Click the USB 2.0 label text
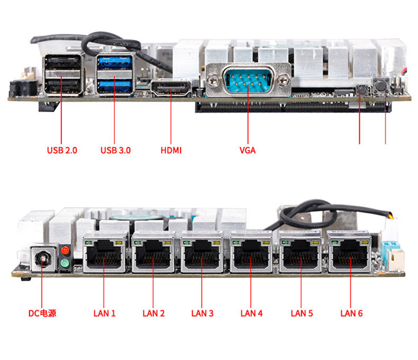tap(62, 150)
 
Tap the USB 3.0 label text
tap(115, 150)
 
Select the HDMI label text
tap(171, 150)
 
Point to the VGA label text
tap(247, 150)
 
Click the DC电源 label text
tap(42, 313)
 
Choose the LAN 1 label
tap(104, 313)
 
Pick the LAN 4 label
tap(251, 313)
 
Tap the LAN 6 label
tap(351, 313)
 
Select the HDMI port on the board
tap(171, 88)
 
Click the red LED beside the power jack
tap(65, 250)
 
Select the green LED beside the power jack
tap(65, 263)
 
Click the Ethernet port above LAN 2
tap(154, 253)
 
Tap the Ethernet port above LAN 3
tap(202, 253)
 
